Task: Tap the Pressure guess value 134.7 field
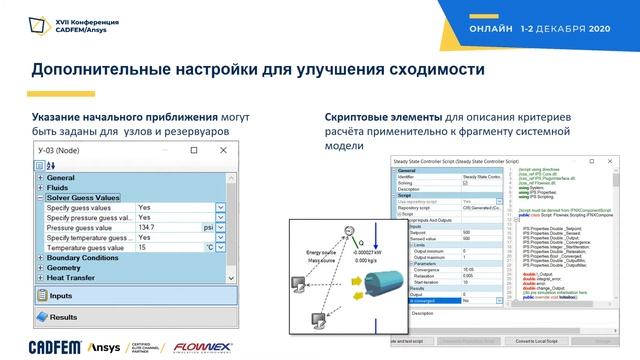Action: [x=161, y=227]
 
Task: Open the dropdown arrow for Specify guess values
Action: [x=220, y=208]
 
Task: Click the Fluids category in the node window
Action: [x=60, y=188]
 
